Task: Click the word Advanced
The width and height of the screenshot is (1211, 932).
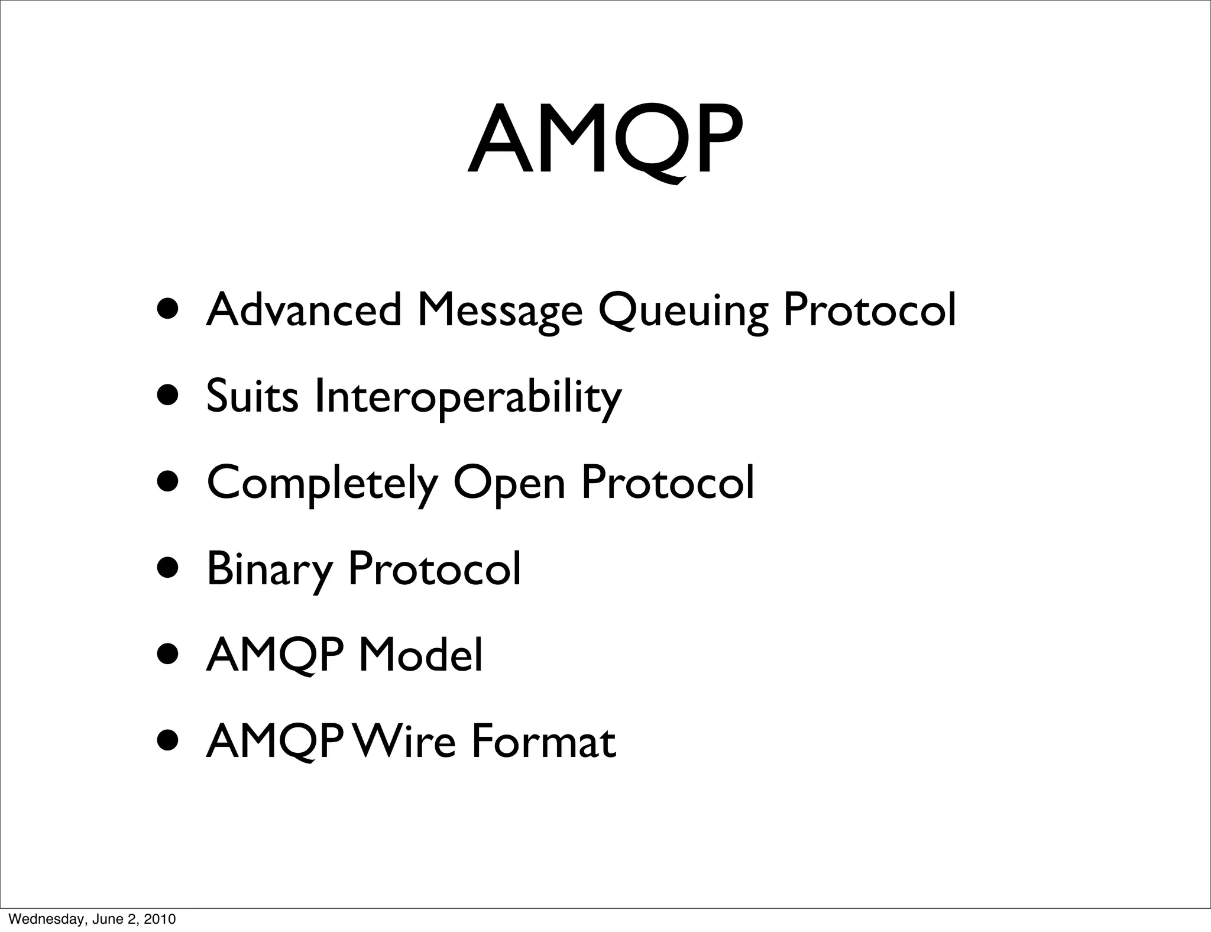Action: coord(303,310)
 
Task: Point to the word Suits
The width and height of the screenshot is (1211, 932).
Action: coord(252,396)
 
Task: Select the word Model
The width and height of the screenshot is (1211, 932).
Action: coord(420,655)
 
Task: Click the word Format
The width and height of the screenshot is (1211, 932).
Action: coord(543,742)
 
